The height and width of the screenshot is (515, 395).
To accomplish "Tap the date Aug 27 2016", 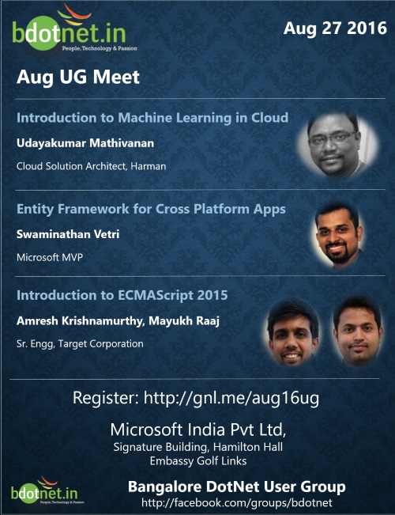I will pos(335,28).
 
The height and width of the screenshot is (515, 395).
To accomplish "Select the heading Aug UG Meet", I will pos(77,78).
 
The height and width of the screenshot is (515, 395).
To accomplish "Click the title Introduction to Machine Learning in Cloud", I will pos(152,118).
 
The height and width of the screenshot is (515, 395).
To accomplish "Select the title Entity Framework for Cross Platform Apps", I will pos(151,210).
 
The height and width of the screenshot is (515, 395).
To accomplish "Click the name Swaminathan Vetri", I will pos(68,234).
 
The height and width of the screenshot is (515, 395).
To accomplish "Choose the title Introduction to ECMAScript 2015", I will pos(122,296).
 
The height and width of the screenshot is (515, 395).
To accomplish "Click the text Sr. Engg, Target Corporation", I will pos(80,344).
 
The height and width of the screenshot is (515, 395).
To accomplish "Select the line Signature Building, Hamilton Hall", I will pos(197,448).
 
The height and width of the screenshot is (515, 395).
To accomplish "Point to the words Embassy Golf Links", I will pos(197,460).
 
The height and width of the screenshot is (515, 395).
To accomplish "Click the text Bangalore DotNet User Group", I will pos(236,487).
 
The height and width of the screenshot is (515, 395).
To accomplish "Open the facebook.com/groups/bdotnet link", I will pos(236,503).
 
